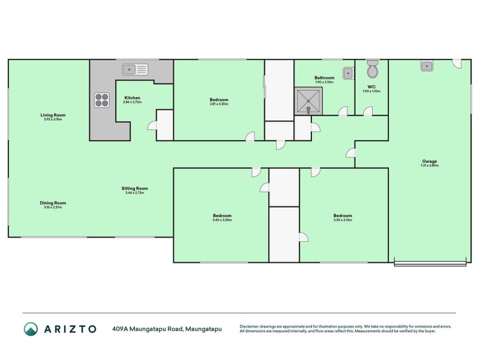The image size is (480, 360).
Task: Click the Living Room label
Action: [x=53, y=115]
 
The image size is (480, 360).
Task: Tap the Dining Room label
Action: [x=53, y=203]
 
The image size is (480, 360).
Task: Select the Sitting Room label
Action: [x=136, y=188]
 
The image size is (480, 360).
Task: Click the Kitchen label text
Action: [x=132, y=98]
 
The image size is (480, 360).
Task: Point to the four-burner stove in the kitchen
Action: [x=101, y=100]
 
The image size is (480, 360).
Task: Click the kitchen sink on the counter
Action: [x=135, y=70]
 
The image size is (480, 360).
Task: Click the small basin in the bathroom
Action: [x=347, y=73]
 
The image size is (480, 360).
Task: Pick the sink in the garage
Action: [x=427, y=66]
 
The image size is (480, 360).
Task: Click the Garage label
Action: [x=429, y=161]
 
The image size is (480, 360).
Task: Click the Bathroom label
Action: [x=324, y=77]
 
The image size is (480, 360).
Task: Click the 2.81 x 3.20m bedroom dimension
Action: [x=218, y=104]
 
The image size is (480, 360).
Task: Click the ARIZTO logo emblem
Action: [x=31, y=329]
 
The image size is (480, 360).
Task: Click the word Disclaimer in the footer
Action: [x=250, y=326]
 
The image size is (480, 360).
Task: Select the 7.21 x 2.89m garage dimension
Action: [x=429, y=166]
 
